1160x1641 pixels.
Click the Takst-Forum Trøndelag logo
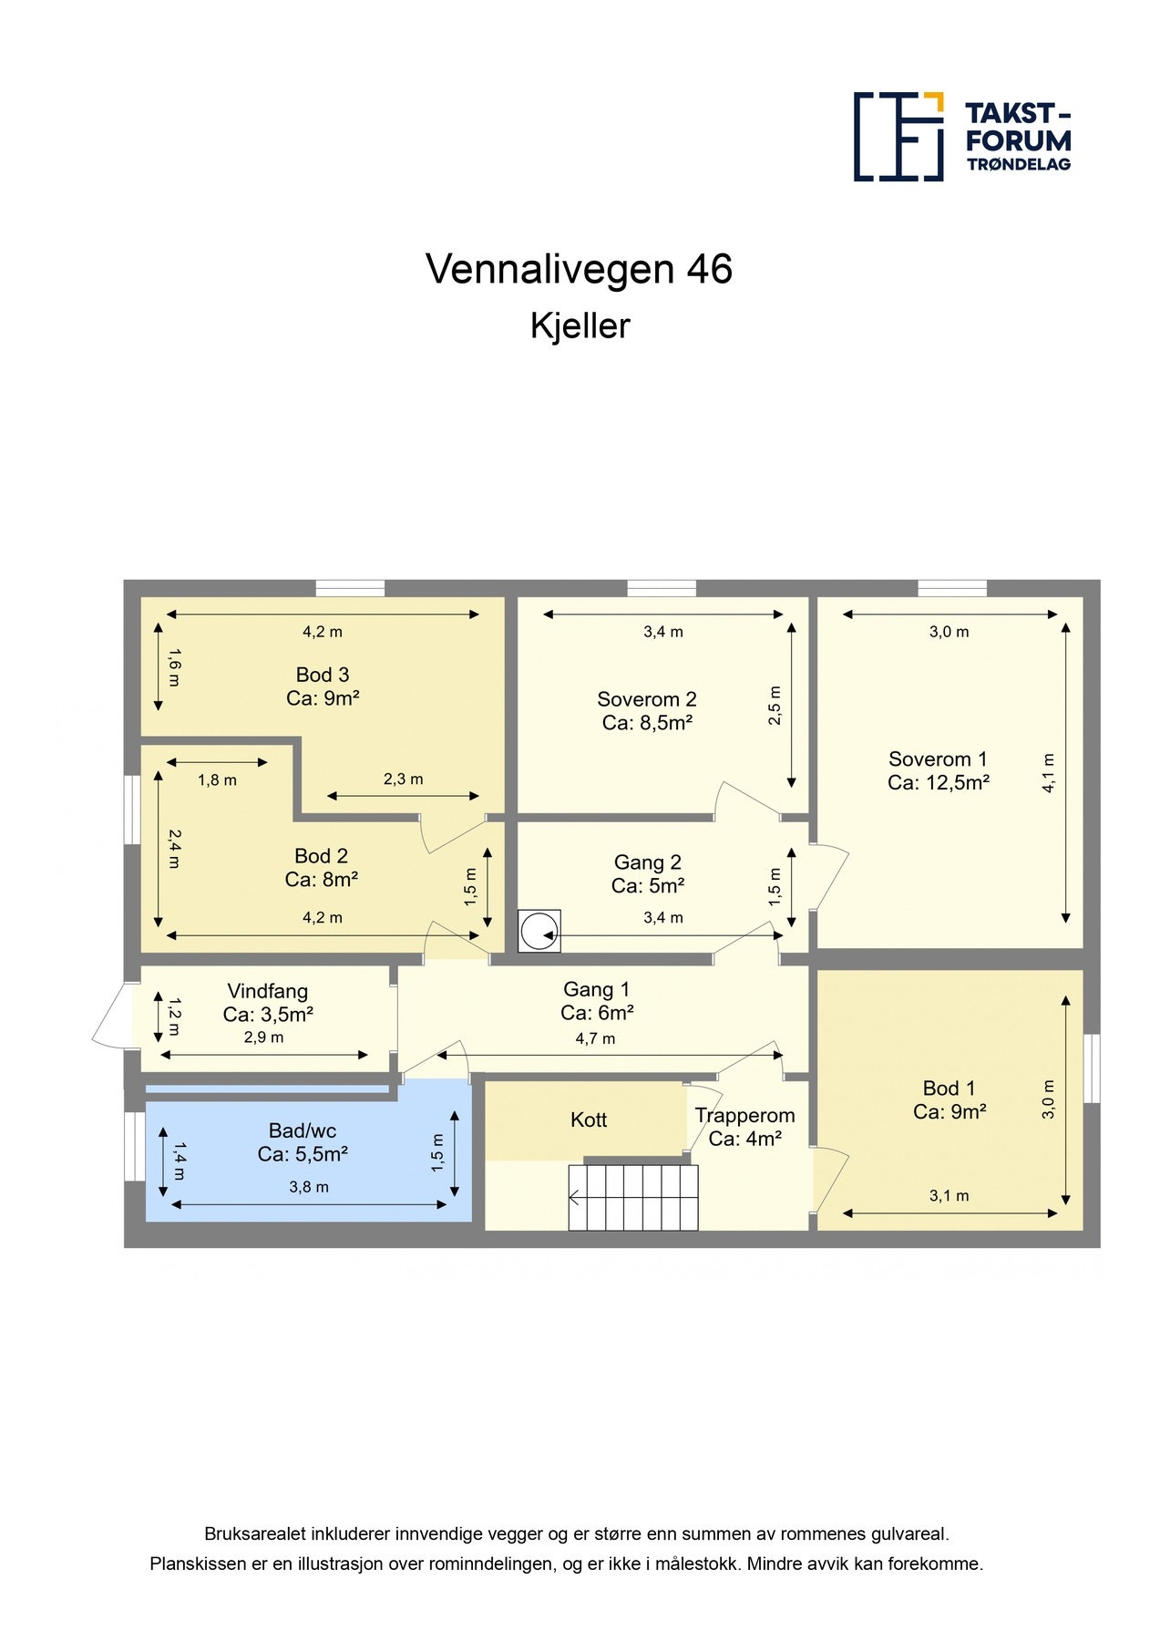pyautogui.click(x=962, y=137)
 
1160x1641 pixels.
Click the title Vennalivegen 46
pyautogui.click(x=579, y=269)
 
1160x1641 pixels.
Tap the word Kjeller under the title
pyautogui.click(x=580, y=326)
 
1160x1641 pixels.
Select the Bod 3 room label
pyautogui.click(x=323, y=675)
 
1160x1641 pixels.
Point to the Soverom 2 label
pyautogui.click(x=647, y=699)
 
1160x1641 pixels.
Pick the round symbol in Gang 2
pyautogui.click(x=539, y=931)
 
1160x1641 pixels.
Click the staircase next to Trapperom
pyautogui.click(x=633, y=1197)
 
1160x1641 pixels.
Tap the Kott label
pyautogui.click(x=589, y=1120)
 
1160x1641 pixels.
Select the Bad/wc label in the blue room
pyautogui.click(x=303, y=1130)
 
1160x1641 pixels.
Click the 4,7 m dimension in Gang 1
pyautogui.click(x=595, y=1038)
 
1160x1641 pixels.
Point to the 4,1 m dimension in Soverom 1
pyautogui.click(x=1049, y=773)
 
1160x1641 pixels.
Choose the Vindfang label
pyautogui.click(x=268, y=991)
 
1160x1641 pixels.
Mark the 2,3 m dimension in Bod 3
pyautogui.click(x=403, y=779)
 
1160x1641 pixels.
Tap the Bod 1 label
pyautogui.click(x=949, y=1088)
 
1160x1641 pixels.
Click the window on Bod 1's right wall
pyautogui.click(x=1092, y=1068)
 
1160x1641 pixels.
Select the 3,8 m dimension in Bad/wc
pyautogui.click(x=309, y=1187)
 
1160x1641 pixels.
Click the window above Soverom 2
pyautogui.click(x=662, y=588)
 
